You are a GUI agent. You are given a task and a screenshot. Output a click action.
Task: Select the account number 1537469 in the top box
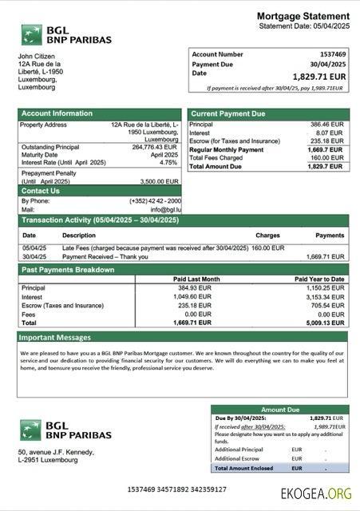point(331,54)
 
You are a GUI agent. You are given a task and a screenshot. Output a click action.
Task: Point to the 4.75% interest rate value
point(168,162)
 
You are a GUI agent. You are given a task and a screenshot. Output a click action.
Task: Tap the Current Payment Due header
point(227,113)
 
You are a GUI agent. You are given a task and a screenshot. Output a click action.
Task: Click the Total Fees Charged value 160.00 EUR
point(326,158)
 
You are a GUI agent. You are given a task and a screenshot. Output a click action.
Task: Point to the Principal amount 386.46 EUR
point(326,125)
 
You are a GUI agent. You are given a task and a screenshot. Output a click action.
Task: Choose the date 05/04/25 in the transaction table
point(34,248)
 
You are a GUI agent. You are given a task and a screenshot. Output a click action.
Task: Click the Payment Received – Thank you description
point(105,257)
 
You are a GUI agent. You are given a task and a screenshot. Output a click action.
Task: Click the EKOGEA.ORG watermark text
point(315,493)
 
